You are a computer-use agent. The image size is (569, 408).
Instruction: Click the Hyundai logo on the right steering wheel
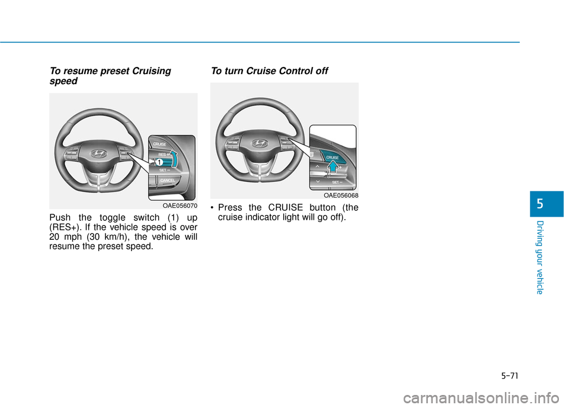coord(260,143)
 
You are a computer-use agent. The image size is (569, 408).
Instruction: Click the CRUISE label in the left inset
coord(160,144)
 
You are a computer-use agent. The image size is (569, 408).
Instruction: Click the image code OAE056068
coord(341,195)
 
